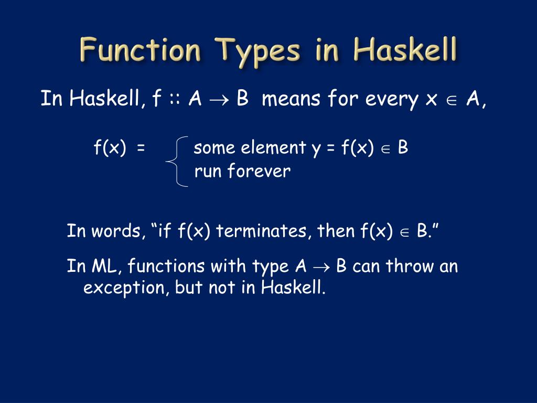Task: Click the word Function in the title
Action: [x=140, y=51]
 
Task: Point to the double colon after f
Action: [x=175, y=99]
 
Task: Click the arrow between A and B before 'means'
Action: [x=218, y=100]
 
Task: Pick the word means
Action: [x=291, y=99]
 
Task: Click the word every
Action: [x=391, y=99]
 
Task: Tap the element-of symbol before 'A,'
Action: [x=450, y=100]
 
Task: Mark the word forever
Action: [x=259, y=172]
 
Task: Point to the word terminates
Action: [x=264, y=231]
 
